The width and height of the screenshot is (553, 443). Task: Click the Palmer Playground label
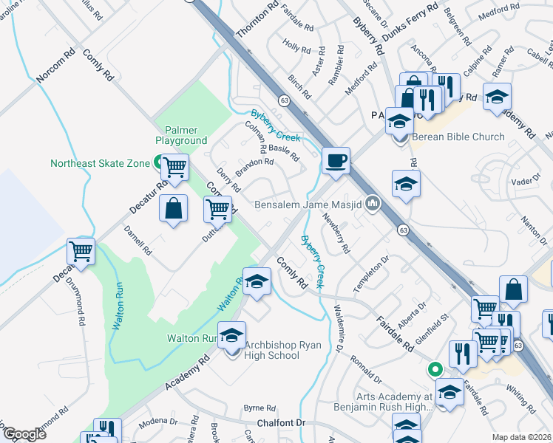click(x=180, y=134)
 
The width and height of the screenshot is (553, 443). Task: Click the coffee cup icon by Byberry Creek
click(x=336, y=161)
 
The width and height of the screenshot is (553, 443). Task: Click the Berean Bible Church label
click(x=458, y=137)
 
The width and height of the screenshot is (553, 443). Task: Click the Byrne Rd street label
click(x=259, y=407)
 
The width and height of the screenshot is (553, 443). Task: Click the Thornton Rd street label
click(x=257, y=21)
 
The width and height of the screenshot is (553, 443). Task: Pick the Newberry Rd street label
click(x=335, y=233)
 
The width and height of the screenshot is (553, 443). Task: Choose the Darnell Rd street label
click(x=138, y=239)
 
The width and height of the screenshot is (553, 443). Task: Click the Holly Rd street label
click(x=296, y=48)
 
